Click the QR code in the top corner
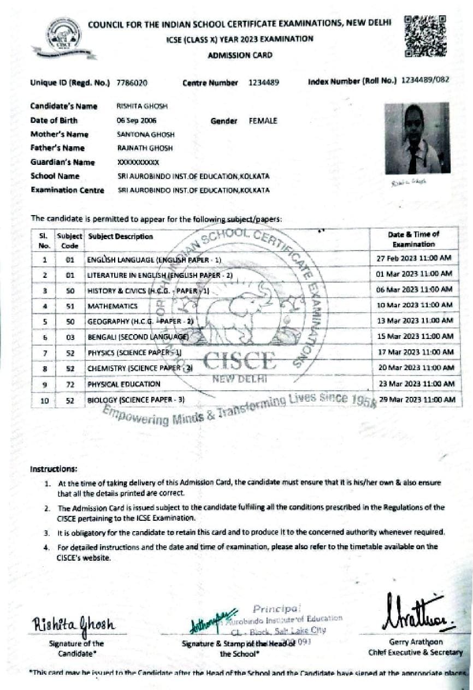pyautogui.click(x=425, y=36)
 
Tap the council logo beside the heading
pyautogui.click(x=64, y=37)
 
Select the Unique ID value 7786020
pyautogui.click(x=132, y=83)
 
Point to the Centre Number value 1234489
pyautogui.click(x=264, y=83)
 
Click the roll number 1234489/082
pyautogui.click(x=425, y=80)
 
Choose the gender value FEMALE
pyautogui.click(x=263, y=121)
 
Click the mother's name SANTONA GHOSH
pyautogui.click(x=138, y=134)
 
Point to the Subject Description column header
pyautogui.click(x=121, y=237)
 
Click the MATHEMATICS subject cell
pyautogui.click(x=113, y=306)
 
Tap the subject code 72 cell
pyautogui.click(x=70, y=384)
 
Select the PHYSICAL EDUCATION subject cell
pyautogui.click(x=124, y=384)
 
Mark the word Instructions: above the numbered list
pyautogui.click(x=54, y=469)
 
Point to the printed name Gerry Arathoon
pyautogui.click(x=416, y=642)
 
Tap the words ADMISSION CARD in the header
pyautogui.click(x=240, y=55)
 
